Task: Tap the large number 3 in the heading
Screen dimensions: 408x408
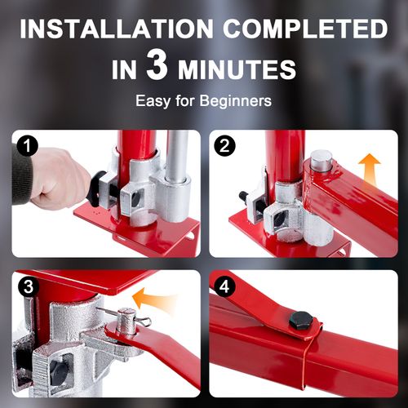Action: click(x=157, y=67)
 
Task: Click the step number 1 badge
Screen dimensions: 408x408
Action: click(x=29, y=147)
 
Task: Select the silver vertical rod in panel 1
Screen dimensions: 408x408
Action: click(x=177, y=155)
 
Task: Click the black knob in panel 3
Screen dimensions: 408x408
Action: click(x=57, y=371)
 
